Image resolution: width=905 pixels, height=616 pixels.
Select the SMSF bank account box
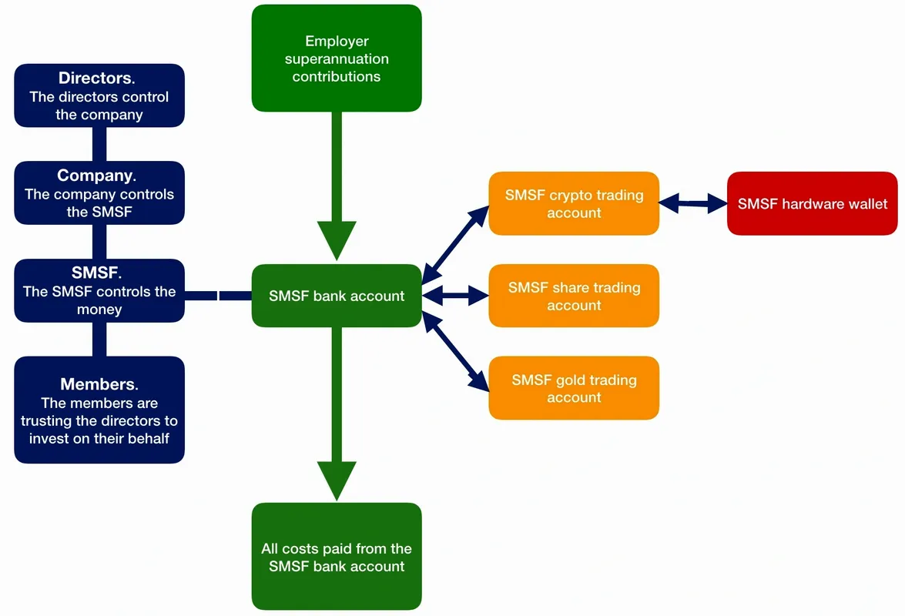(x=337, y=296)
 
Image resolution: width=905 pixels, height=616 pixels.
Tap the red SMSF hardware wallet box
(x=812, y=204)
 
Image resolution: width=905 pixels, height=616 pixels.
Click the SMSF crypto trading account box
(x=574, y=203)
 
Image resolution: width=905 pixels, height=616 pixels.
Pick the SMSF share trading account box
(x=574, y=296)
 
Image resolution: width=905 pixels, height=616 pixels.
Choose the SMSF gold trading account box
(x=574, y=388)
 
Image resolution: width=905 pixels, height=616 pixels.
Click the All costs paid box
(x=337, y=557)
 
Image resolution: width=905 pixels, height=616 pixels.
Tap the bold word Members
(x=98, y=384)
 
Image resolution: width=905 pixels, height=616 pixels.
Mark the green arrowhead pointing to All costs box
(x=337, y=481)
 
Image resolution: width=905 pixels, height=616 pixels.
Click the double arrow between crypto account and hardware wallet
(x=693, y=204)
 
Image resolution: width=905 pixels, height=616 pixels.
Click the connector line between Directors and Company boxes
(x=99, y=144)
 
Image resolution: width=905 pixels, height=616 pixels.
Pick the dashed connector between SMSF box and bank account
(x=218, y=295)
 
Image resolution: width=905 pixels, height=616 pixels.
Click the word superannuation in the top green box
(x=337, y=59)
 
